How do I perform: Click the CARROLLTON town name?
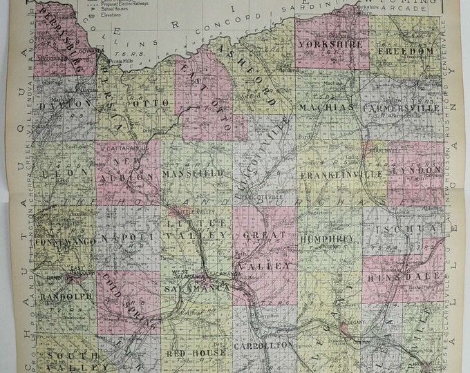255,343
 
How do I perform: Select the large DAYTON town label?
66,103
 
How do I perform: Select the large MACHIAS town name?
328,108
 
